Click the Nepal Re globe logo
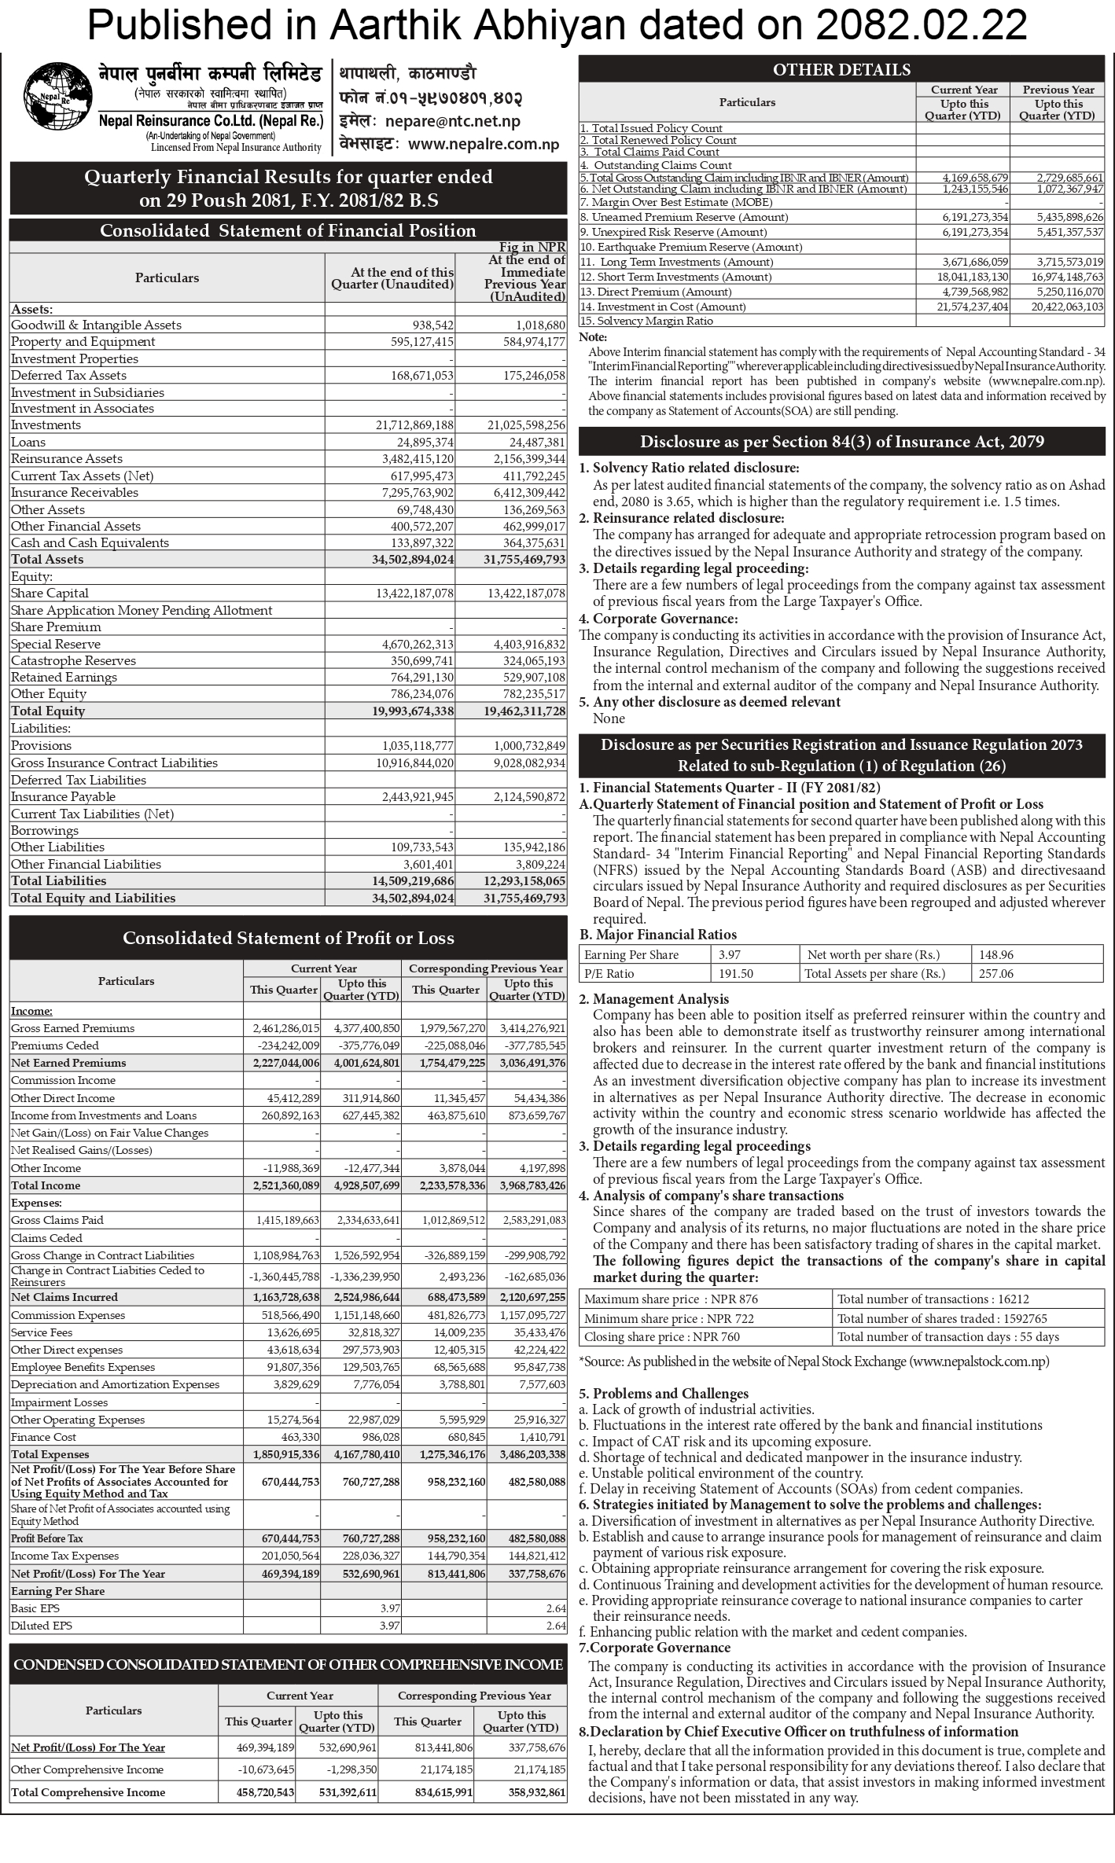55,101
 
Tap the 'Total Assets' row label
47,560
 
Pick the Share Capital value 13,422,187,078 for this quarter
414,593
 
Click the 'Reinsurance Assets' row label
67,459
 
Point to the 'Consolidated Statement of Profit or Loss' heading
288,938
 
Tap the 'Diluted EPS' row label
41,1626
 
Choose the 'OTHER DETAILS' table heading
841,70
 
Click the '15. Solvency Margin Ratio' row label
646,321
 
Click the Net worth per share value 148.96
996,955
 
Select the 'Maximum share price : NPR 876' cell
671,1299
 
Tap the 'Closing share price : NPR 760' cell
661,1337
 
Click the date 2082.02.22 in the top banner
921,25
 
